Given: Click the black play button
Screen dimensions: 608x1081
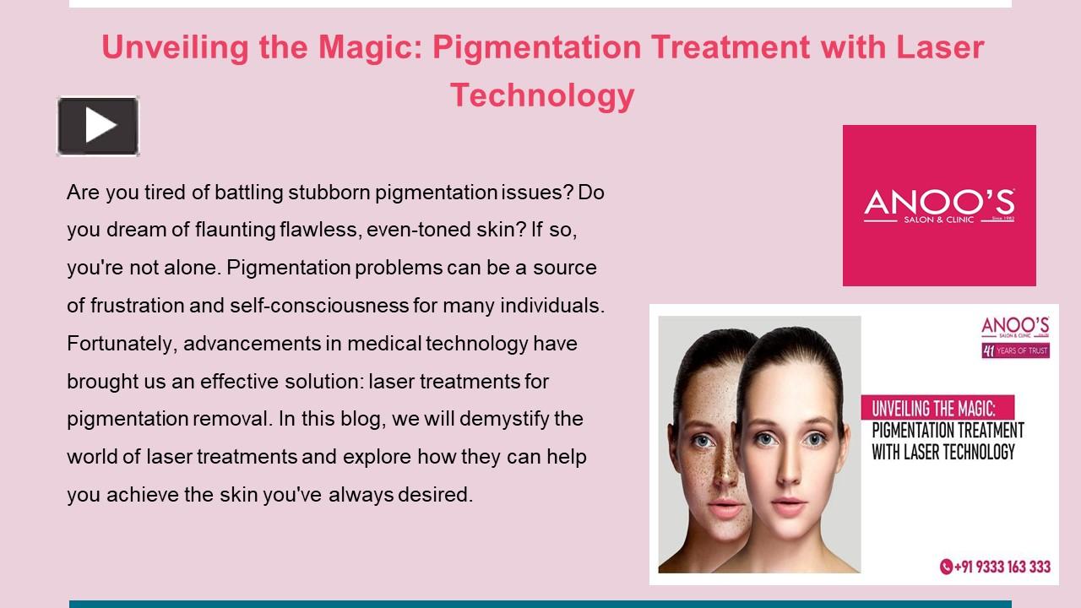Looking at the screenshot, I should point(98,126).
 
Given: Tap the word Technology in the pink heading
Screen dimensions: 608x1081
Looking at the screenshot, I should point(541,95).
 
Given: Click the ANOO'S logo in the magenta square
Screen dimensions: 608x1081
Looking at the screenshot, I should point(939,205).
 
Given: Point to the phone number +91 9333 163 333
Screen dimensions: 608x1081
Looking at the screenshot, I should point(1002,567).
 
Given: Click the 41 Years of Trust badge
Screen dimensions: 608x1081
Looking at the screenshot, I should point(1015,350).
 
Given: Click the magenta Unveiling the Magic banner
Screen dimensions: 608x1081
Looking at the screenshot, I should point(937,409).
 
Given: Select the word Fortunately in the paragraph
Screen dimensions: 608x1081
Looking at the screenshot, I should point(122,344).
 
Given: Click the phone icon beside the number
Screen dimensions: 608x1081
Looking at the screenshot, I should point(946,567).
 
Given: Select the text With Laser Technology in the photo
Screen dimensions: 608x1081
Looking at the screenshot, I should point(942,452).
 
